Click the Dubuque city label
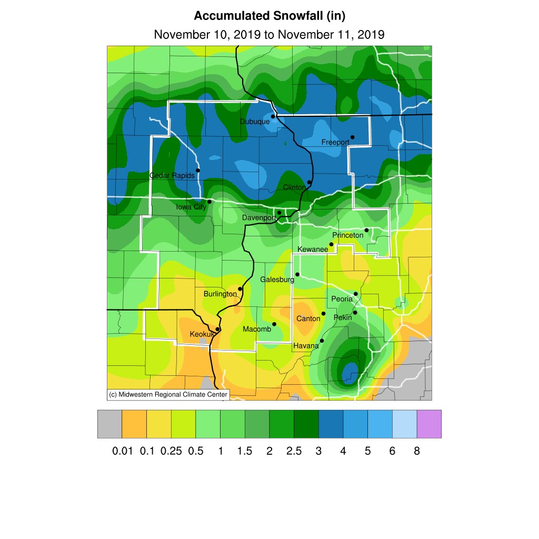tap(255, 122)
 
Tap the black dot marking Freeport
tap(353, 137)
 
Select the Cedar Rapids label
tap(172, 175)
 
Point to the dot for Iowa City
tap(209, 202)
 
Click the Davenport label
tap(259, 217)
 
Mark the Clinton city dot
tap(310, 182)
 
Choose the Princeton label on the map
tap(347, 235)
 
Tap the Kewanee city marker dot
tap(331, 244)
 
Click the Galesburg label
tap(277, 280)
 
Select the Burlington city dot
tap(240, 289)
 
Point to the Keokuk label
tap(202, 334)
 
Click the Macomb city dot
tap(274, 324)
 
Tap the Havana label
tap(306, 346)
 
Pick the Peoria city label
tap(342, 299)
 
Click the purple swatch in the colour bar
tap(429, 424)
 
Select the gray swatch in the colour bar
tap(109, 424)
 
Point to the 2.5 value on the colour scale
tap(294, 451)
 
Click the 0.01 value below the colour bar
tap(122, 451)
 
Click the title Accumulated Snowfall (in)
tap(269, 16)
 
